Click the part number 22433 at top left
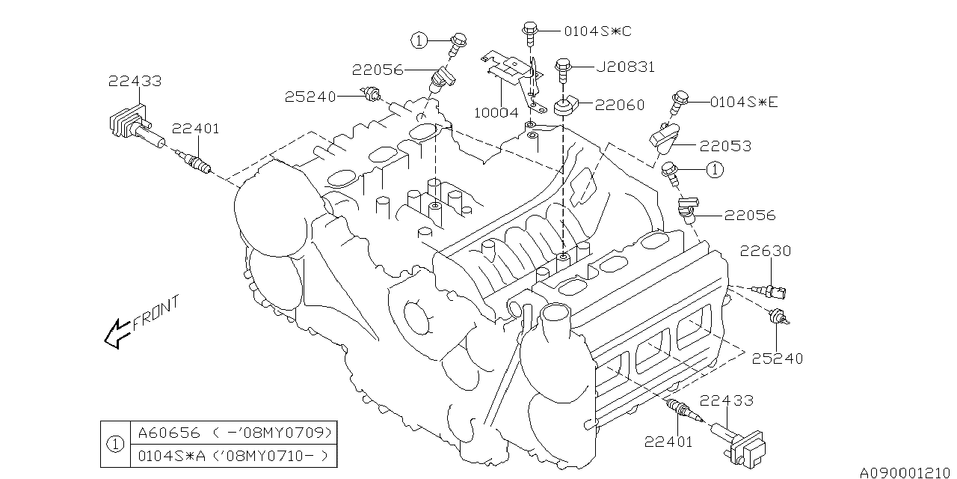coord(134,81)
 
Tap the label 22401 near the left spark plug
coord(195,129)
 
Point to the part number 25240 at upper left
coord(310,96)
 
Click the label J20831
coord(626,67)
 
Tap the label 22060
coord(620,106)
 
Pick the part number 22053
coord(726,146)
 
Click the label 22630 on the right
coord(766,251)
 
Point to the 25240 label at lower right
coord(778,359)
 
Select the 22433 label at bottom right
coord(727,402)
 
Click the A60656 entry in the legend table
coord(161,433)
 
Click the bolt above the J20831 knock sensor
coord(564,68)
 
